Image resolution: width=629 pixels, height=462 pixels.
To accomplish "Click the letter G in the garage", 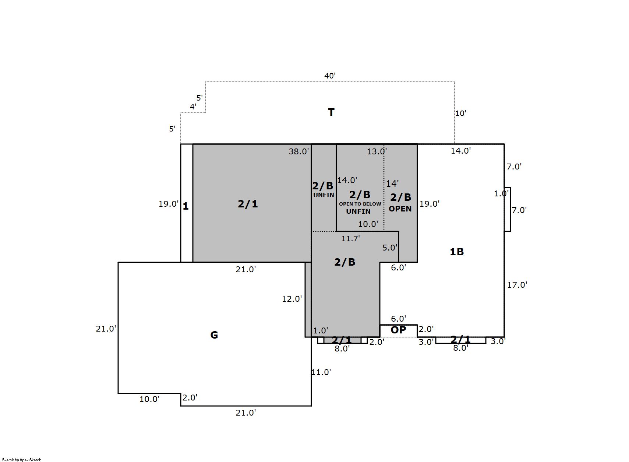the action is pyautogui.click(x=214, y=335).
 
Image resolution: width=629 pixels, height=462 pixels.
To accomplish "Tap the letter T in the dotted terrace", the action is pyautogui.click(x=331, y=112).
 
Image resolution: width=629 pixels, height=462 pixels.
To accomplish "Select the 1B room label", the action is pyautogui.click(x=457, y=252).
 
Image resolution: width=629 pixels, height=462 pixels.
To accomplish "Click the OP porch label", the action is pyautogui.click(x=398, y=330).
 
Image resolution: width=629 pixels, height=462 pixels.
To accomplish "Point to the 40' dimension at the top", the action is pyautogui.click(x=330, y=76).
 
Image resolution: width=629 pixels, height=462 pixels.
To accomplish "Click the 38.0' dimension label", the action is pyautogui.click(x=299, y=151).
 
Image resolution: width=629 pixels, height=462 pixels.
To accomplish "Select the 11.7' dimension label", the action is pyautogui.click(x=351, y=239).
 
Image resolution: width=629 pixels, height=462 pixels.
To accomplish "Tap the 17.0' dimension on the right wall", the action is pyautogui.click(x=517, y=285).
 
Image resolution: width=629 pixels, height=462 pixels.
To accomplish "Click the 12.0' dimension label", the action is pyautogui.click(x=292, y=299).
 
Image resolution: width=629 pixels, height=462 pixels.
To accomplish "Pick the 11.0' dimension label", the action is pyautogui.click(x=321, y=372).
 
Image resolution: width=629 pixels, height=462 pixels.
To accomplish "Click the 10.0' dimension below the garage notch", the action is pyautogui.click(x=149, y=399).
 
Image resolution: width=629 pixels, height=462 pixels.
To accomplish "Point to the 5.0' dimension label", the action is pyautogui.click(x=390, y=248).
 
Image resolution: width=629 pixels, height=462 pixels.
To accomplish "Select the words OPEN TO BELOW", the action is pyautogui.click(x=360, y=204).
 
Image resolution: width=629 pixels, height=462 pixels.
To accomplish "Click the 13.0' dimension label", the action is pyautogui.click(x=377, y=151).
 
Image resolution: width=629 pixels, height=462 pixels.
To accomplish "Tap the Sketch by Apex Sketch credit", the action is pyautogui.click(x=22, y=460).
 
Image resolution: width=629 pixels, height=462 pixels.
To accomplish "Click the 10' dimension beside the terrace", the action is pyautogui.click(x=460, y=113).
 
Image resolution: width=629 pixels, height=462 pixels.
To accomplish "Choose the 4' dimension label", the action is pyautogui.click(x=193, y=107).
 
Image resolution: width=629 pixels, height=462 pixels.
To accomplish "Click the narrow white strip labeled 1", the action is pyautogui.click(x=187, y=203).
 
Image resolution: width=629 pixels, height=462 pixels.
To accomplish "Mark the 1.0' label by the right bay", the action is pyautogui.click(x=501, y=194).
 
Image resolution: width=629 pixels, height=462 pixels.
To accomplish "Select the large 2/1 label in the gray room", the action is pyautogui.click(x=248, y=204).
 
